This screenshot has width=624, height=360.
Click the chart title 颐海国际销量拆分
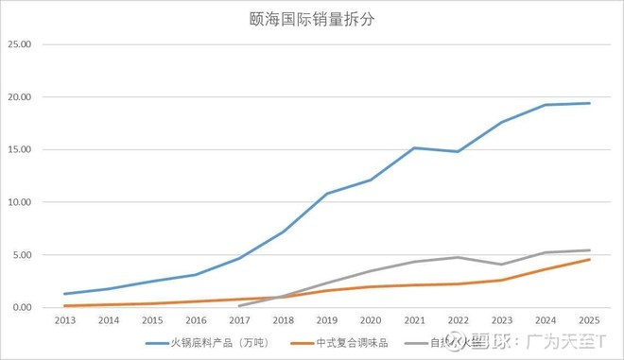311,20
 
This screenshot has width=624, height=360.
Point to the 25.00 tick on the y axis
20,44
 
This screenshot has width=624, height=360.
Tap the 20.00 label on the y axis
20,97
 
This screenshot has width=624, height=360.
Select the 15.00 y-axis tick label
20,149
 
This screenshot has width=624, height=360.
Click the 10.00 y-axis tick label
20,202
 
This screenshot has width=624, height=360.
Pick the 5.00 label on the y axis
22,255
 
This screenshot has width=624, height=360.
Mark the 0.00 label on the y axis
22,307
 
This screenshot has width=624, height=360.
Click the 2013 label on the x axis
65,321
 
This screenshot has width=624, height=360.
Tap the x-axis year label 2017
239,321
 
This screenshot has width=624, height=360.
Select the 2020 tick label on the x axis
370,321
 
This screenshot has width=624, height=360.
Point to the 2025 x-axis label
588,321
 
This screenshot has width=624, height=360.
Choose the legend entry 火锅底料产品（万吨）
207,345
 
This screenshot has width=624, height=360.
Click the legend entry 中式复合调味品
340,345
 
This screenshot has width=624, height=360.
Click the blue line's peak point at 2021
414,147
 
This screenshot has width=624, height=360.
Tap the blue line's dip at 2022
458,152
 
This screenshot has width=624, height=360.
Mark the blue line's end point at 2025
588,103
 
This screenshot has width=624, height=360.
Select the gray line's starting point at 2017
239,305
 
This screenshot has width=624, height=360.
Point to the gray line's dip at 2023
501,265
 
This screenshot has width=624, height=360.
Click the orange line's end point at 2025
588,259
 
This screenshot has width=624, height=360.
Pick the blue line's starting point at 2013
65,294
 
